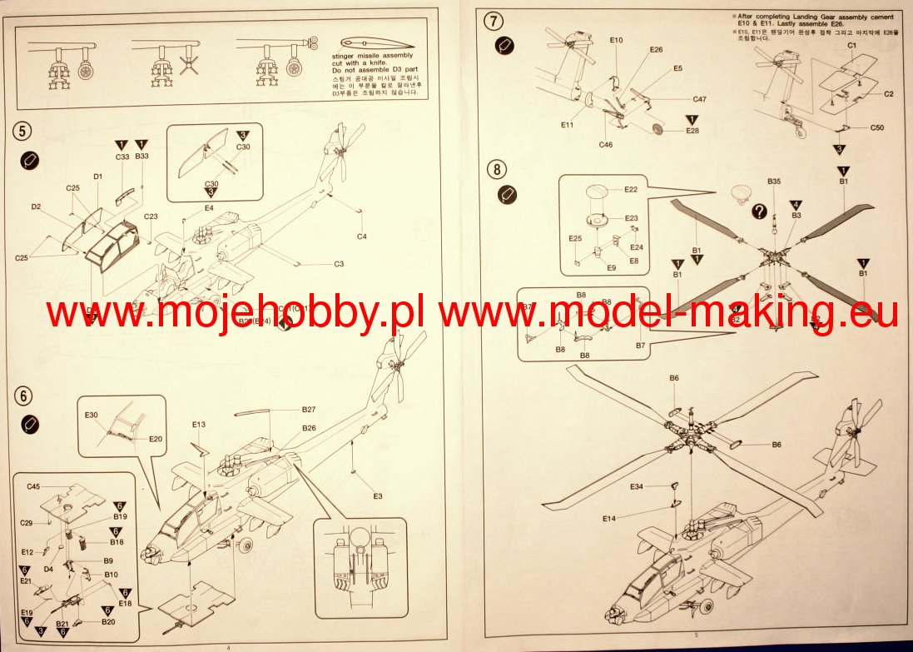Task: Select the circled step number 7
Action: (497, 19)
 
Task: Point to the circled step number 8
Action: (497, 170)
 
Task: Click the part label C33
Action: (122, 156)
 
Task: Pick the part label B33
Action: (141, 156)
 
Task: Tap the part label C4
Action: (361, 236)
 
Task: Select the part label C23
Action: (151, 217)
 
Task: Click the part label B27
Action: (309, 410)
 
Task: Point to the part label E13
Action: (198, 425)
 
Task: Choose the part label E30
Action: (92, 415)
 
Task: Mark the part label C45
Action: (33, 486)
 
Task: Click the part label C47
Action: (699, 99)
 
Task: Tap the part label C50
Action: (877, 127)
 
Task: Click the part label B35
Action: (774, 182)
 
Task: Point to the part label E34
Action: (637, 486)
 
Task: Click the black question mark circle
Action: (759, 212)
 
